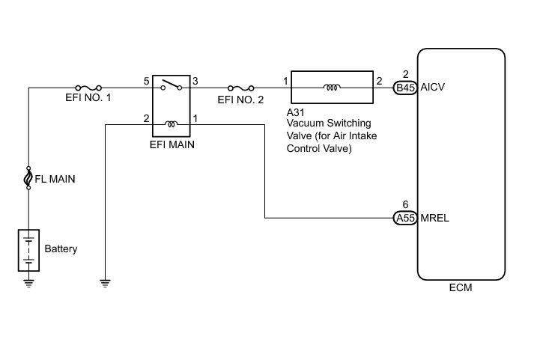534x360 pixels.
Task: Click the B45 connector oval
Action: (405, 88)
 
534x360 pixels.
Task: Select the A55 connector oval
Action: (405, 219)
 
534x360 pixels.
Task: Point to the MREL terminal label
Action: (436, 219)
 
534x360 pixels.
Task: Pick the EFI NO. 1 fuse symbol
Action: (84, 87)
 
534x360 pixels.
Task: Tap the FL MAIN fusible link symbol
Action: (28, 178)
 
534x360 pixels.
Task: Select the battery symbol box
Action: (28, 250)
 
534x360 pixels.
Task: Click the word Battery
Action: (61, 248)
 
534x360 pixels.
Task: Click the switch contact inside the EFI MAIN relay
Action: (172, 85)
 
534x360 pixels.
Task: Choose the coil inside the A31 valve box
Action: (331, 88)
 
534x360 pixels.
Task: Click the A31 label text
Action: (294, 112)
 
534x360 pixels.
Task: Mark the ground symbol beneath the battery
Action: (28, 282)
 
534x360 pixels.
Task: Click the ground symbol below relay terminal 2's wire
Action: (106, 282)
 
